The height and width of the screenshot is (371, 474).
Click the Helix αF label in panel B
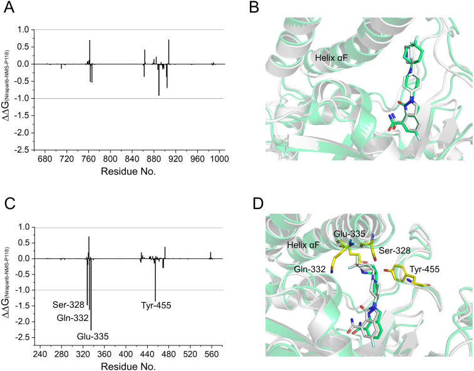pyautogui.click(x=331, y=57)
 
